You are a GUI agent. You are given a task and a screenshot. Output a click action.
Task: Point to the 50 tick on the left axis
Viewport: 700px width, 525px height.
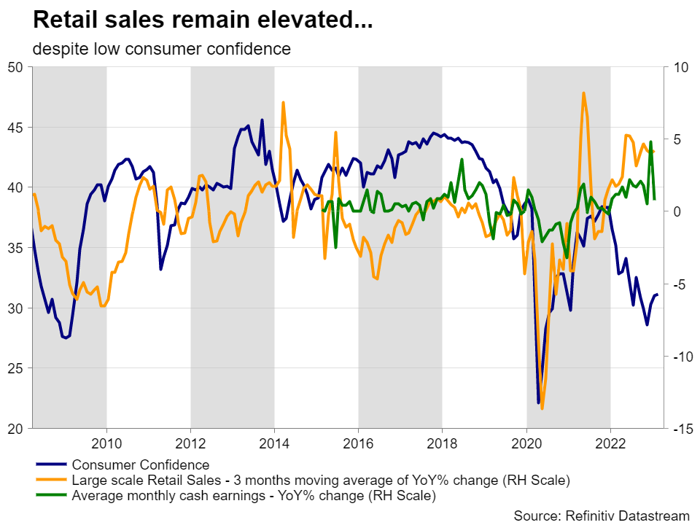(16, 67)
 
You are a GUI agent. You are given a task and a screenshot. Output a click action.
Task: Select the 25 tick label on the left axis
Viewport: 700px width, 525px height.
(16, 368)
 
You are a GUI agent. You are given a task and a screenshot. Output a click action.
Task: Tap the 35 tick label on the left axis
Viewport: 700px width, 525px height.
(16, 248)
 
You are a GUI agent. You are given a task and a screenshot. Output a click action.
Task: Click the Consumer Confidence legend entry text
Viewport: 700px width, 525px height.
(140, 464)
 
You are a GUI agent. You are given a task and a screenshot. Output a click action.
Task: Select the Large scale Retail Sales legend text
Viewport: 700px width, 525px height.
(320, 481)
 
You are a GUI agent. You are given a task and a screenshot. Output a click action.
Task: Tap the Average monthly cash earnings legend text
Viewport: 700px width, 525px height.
(253, 497)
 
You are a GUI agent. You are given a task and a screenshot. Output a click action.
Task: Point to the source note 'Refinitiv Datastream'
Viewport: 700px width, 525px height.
(602, 516)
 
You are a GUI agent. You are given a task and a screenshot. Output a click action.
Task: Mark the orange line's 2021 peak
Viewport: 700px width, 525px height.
(583, 93)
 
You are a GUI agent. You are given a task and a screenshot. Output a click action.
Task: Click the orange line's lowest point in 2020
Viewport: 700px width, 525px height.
(542, 408)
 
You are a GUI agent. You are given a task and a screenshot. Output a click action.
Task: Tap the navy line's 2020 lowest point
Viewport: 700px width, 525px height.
(539, 402)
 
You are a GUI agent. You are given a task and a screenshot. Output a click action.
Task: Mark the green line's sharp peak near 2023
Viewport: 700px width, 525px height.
(650, 142)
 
